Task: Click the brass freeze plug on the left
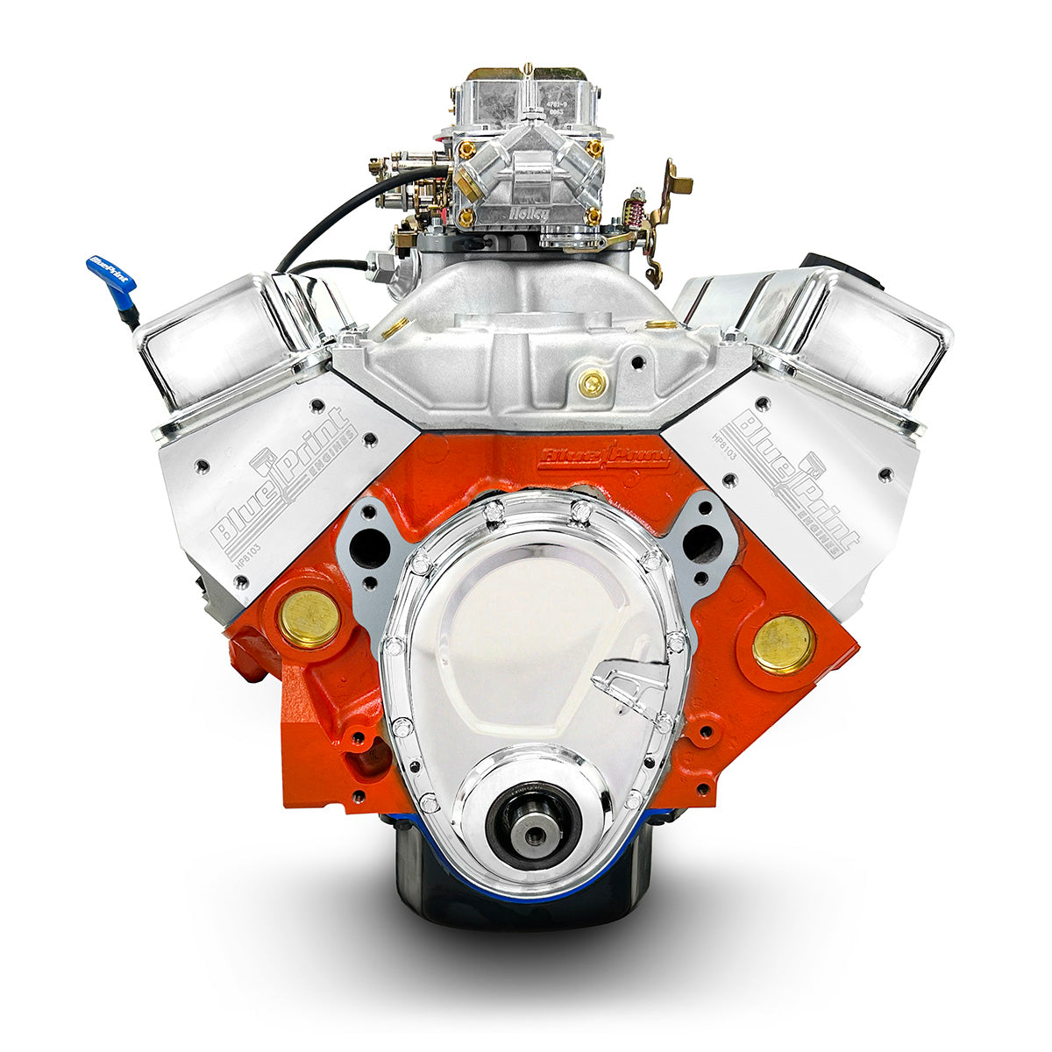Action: [309, 617]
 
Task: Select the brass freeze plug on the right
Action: [783, 643]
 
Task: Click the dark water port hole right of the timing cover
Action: [701, 544]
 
